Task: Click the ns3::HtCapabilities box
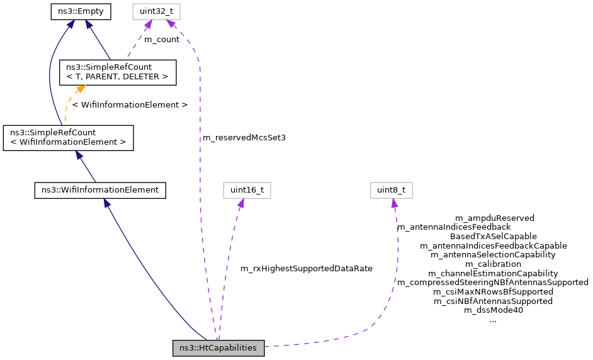[x=218, y=348]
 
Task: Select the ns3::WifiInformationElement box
[x=99, y=189]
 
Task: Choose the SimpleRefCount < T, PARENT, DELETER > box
[x=117, y=72]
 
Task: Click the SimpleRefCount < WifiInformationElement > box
[x=69, y=138]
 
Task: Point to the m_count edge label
[x=162, y=39]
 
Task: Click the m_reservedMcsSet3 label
[x=244, y=137]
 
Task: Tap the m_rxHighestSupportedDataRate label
[x=307, y=268]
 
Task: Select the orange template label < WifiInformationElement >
[x=130, y=104]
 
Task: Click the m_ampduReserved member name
[x=494, y=218]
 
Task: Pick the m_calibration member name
[x=493, y=264]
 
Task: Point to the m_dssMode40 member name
[x=493, y=310]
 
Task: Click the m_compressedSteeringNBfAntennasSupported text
[x=493, y=283]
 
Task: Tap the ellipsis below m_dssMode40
[x=493, y=320]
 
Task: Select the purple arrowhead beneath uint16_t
[x=240, y=203]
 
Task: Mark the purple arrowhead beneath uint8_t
[x=394, y=203]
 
